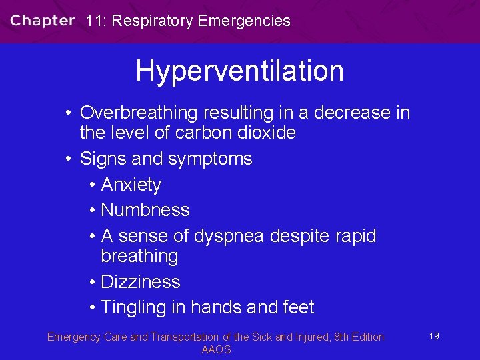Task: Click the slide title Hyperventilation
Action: (x=239, y=71)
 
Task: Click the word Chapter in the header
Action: (x=42, y=20)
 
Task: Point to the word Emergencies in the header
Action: (x=245, y=21)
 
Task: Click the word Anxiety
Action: (x=131, y=185)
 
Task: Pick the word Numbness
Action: (x=145, y=210)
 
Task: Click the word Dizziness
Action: (x=140, y=282)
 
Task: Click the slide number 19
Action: (x=433, y=336)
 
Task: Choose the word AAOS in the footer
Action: (x=216, y=350)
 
